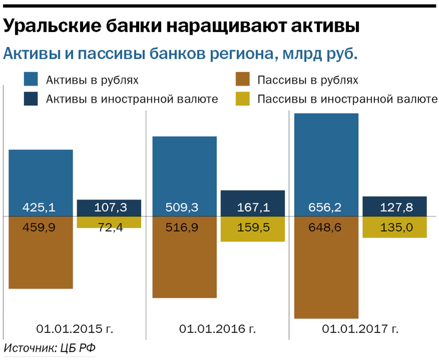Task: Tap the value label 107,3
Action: coord(108,208)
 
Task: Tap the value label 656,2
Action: coord(326,208)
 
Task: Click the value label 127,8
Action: coord(395,208)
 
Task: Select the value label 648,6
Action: coord(326,227)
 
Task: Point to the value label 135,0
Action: coord(395,227)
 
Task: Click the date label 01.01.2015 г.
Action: coord(75,329)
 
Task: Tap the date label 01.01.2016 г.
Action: coord(218,329)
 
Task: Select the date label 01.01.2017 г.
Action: coord(360,329)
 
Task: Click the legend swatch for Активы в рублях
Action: coord(31,80)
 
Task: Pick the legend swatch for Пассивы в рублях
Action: coord(243,80)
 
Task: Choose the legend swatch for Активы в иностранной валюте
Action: coord(31,99)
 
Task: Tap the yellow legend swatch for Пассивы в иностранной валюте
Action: coord(243,99)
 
